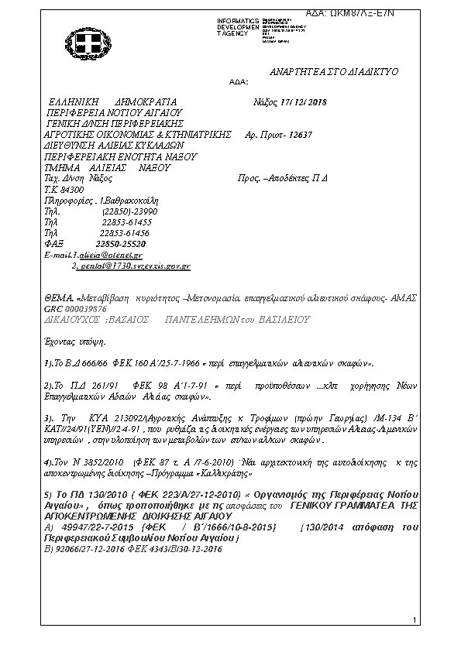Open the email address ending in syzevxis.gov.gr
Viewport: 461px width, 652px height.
tap(134, 265)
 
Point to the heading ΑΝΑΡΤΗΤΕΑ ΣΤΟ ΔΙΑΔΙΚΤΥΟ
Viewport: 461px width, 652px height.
tap(333, 70)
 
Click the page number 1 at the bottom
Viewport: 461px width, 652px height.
tap(416, 619)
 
